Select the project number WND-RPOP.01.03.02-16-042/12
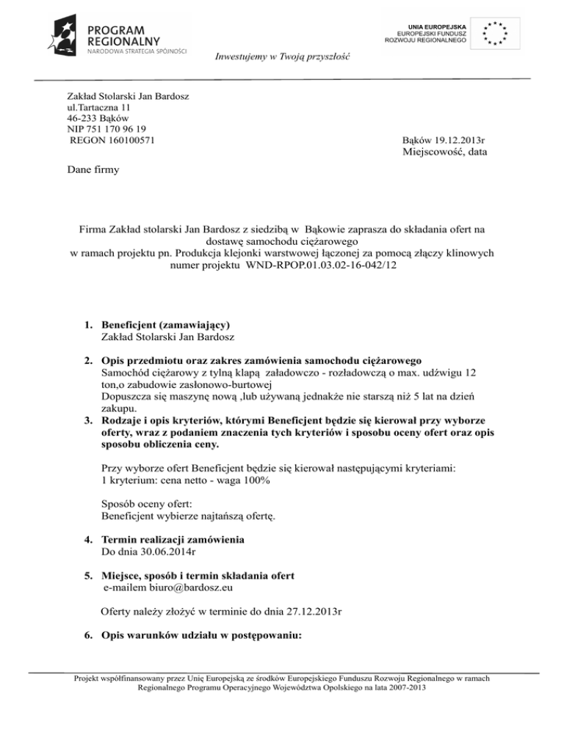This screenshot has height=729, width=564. click(x=322, y=268)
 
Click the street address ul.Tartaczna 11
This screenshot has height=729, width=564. click(x=101, y=106)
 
